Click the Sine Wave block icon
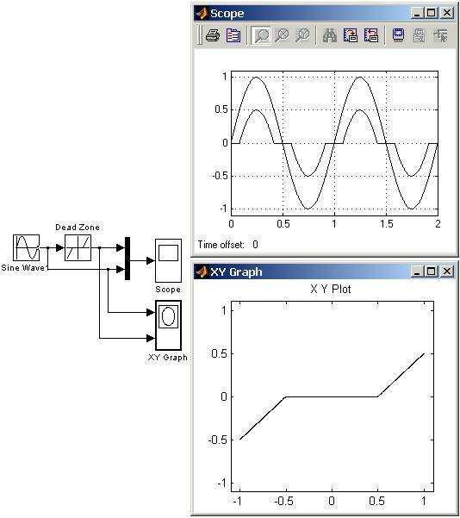27,247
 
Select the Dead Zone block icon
78,247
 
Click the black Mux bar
127,259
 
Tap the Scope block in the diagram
169,260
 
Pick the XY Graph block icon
169,325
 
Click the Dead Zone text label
78,228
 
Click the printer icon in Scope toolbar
213,35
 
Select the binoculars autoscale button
330,35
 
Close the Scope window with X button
447,13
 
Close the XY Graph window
447,271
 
